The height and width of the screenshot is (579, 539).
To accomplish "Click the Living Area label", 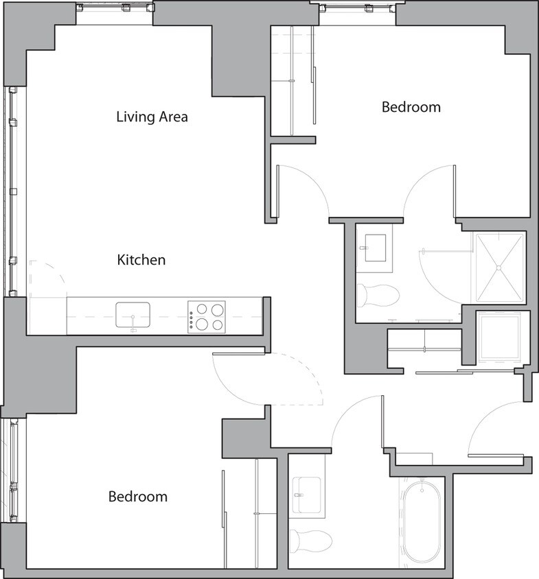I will (152, 117).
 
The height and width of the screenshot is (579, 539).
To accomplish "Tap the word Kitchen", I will (141, 260).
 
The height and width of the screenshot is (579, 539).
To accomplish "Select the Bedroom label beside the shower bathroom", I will (411, 107).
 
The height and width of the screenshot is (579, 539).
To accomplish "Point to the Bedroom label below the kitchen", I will (137, 496).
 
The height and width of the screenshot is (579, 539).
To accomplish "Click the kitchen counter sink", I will (133, 316).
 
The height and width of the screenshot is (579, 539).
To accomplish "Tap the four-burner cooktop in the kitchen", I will (207, 317).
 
